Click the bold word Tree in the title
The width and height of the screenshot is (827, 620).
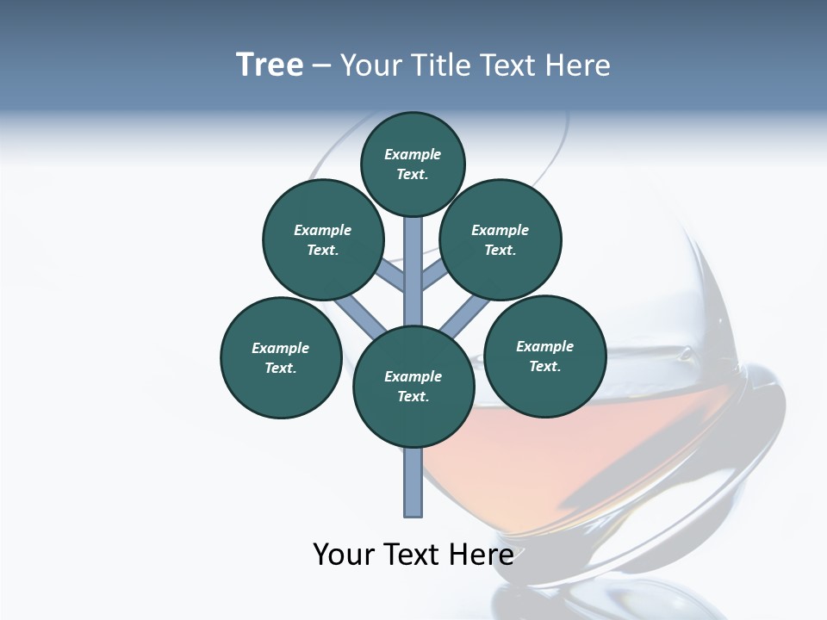[270, 65]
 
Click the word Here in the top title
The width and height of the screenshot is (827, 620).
[580, 65]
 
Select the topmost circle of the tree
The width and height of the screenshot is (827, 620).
[413, 164]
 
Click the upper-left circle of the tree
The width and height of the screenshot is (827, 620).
[322, 239]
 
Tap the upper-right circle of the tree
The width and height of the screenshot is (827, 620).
[500, 239]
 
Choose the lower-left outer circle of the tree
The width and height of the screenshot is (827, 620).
[281, 357]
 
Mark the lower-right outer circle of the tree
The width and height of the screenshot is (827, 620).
[544, 356]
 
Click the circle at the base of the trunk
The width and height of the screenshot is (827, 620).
[413, 387]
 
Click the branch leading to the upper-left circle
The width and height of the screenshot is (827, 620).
[389, 278]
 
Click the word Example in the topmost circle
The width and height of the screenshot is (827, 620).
[413, 154]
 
